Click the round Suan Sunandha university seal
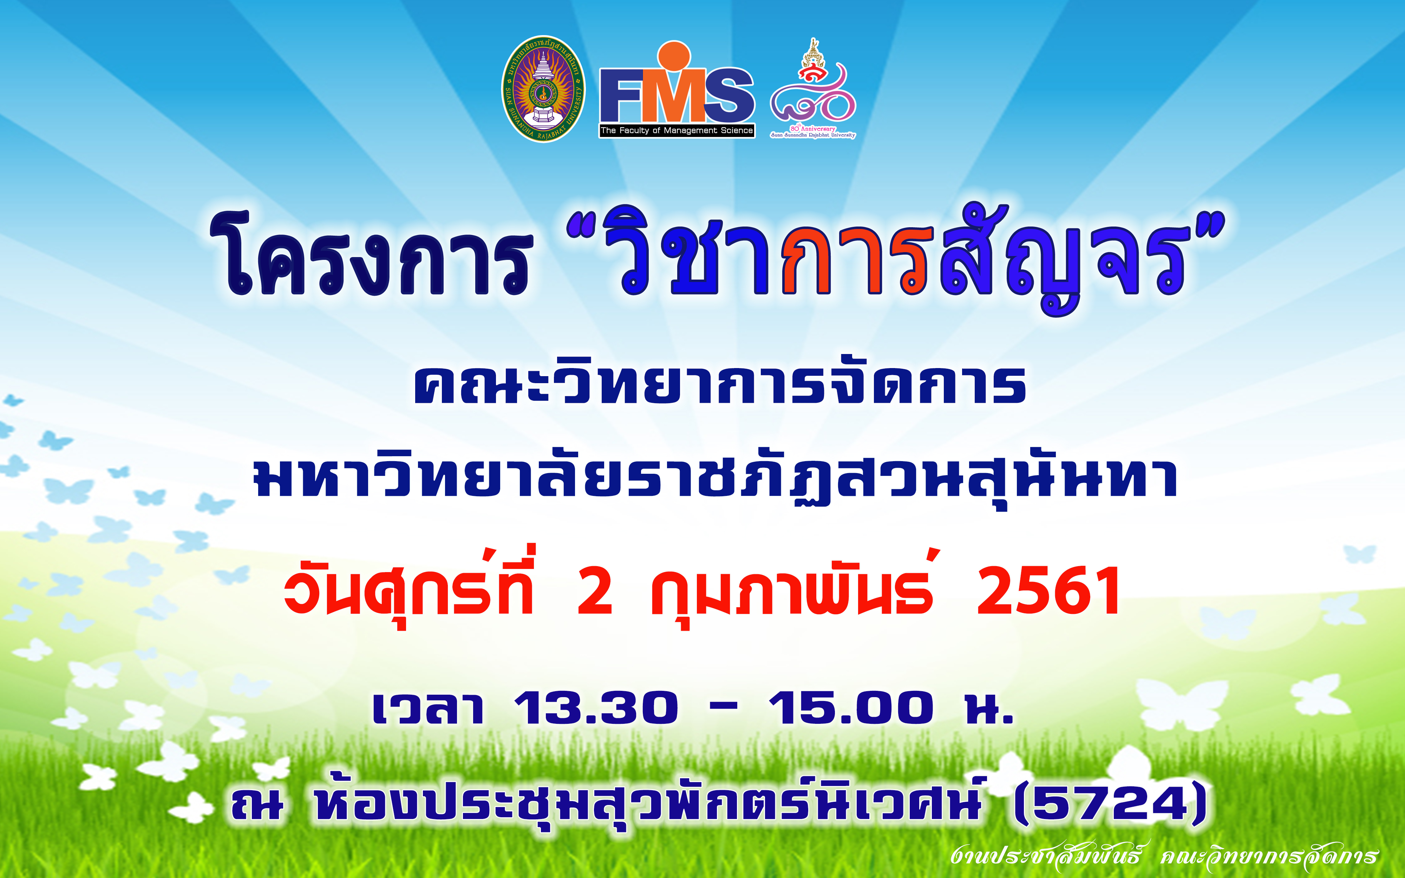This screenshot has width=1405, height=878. tap(543, 89)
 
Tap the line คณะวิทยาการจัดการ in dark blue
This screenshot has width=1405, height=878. tap(720, 385)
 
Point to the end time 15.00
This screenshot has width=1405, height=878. tap(851, 708)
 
